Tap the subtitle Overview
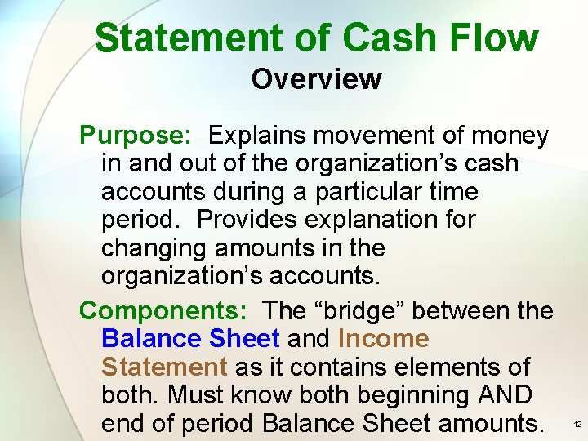pyautogui.click(x=316, y=79)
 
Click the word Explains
pyautogui.click(x=264, y=135)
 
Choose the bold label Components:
pyautogui.click(x=164, y=310)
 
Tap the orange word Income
pyautogui.click(x=383, y=338)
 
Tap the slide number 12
pyautogui.click(x=577, y=425)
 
